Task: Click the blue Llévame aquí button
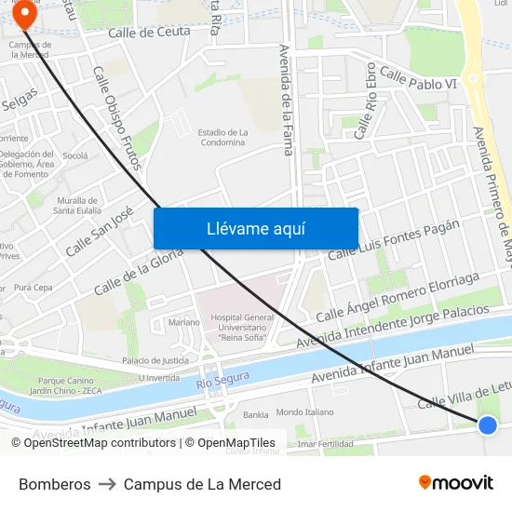coord(256,228)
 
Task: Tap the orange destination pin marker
coord(24,15)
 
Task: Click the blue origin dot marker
coord(488,425)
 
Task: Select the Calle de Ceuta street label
coord(149,32)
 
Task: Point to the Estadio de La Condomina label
coord(223,138)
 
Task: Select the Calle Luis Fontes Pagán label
coord(394,240)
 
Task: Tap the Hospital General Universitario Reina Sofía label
coord(242,328)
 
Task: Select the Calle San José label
coord(100,231)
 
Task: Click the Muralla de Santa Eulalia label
coord(76,205)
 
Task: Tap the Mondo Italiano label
coord(304,411)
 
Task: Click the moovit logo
coord(456,483)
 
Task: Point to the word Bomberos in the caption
coord(55,484)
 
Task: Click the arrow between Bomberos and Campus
coord(107,484)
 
